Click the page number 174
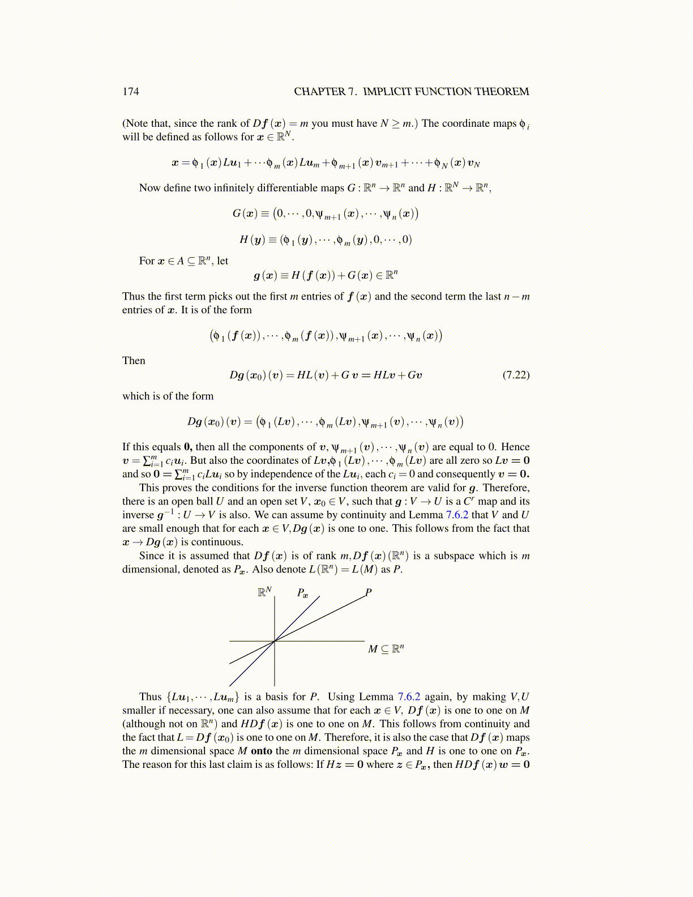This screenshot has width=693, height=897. click(130, 92)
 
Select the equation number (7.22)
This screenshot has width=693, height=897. click(516, 375)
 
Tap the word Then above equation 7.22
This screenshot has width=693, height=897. click(134, 361)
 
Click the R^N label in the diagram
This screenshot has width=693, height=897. click(264, 592)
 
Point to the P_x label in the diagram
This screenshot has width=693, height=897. click(302, 593)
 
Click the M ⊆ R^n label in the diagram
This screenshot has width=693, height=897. click(386, 649)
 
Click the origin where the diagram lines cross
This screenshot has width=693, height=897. click(275, 641)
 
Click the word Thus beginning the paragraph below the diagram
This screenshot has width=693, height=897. click(150, 697)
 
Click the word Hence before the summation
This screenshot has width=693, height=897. click(515, 447)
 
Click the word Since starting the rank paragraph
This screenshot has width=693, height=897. click(151, 556)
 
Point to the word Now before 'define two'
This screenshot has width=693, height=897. click(149, 188)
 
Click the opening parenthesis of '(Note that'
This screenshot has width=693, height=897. click(124, 123)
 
